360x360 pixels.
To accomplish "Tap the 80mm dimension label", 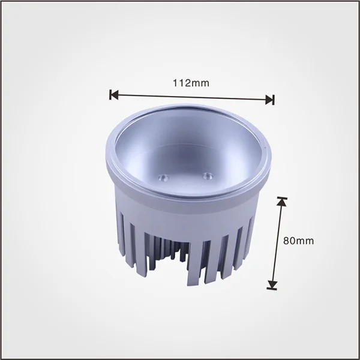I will tap(298, 241).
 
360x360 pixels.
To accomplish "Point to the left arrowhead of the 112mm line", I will tap(114, 94).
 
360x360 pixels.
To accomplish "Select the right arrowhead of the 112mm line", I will tap(269, 99).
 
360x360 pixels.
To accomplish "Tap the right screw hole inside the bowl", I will tap(207, 175).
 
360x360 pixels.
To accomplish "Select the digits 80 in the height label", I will tap(289, 241).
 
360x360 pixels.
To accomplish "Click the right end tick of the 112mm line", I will tap(274, 100).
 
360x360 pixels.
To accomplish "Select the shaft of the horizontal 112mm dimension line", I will tap(192, 97).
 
